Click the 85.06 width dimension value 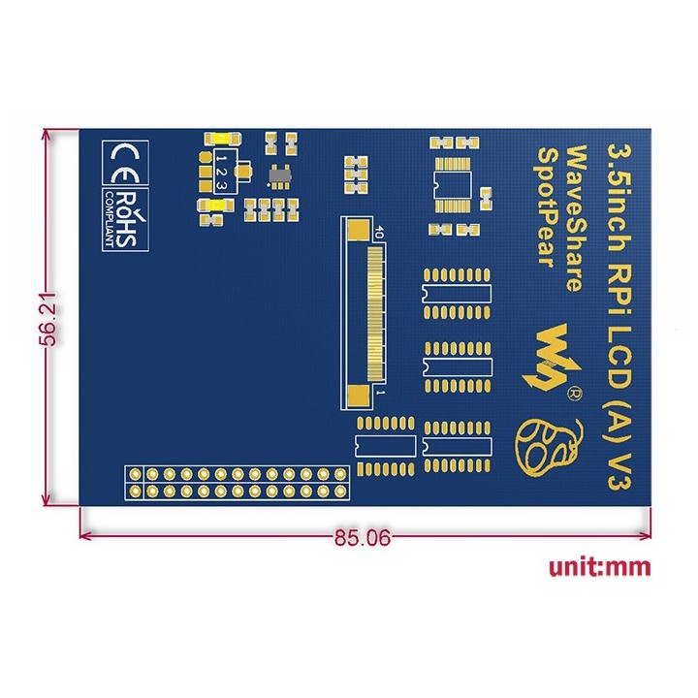point(363,537)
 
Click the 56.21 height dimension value point(48,319)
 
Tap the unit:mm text point(600,567)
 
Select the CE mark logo point(125,164)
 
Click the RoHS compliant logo point(125,219)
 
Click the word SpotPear point(549,207)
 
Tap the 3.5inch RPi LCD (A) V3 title point(619,316)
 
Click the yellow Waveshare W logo point(551,357)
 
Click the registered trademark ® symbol point(574,393)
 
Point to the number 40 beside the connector point(378,233)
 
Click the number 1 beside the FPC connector point(380,393)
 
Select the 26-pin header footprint point(237,483)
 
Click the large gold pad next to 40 point(358,230)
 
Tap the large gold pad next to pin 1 point(358,397)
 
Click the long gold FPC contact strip point(376,314)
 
